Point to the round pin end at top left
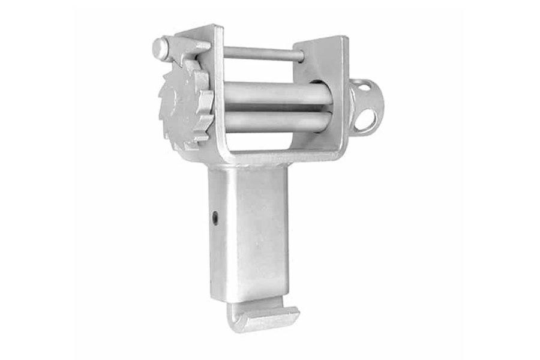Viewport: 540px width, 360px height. [160, 47]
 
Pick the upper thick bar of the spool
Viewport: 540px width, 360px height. [276, 93]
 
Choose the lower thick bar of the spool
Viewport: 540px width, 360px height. [276, 121]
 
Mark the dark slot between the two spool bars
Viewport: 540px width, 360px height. [276, 108]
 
